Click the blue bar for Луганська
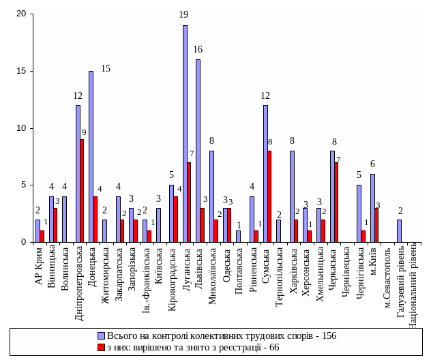[x=185, y=133]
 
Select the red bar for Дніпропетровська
[x=82, y=190]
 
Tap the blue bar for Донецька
[x=91, y=156]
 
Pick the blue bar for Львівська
[x=198, y=150]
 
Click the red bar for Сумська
[x=269, y=196]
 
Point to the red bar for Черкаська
[x=337, y=202]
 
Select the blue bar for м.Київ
[x=372, y=207]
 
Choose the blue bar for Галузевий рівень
[x=399, y=230]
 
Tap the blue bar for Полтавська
[x=238, y=236]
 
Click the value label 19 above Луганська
[x=183, y=14]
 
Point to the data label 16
[x=198, y=50]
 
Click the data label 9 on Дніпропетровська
[x=83, y=133]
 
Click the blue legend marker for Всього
[x=102, y=336]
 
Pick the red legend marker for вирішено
[x=102, y=347]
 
